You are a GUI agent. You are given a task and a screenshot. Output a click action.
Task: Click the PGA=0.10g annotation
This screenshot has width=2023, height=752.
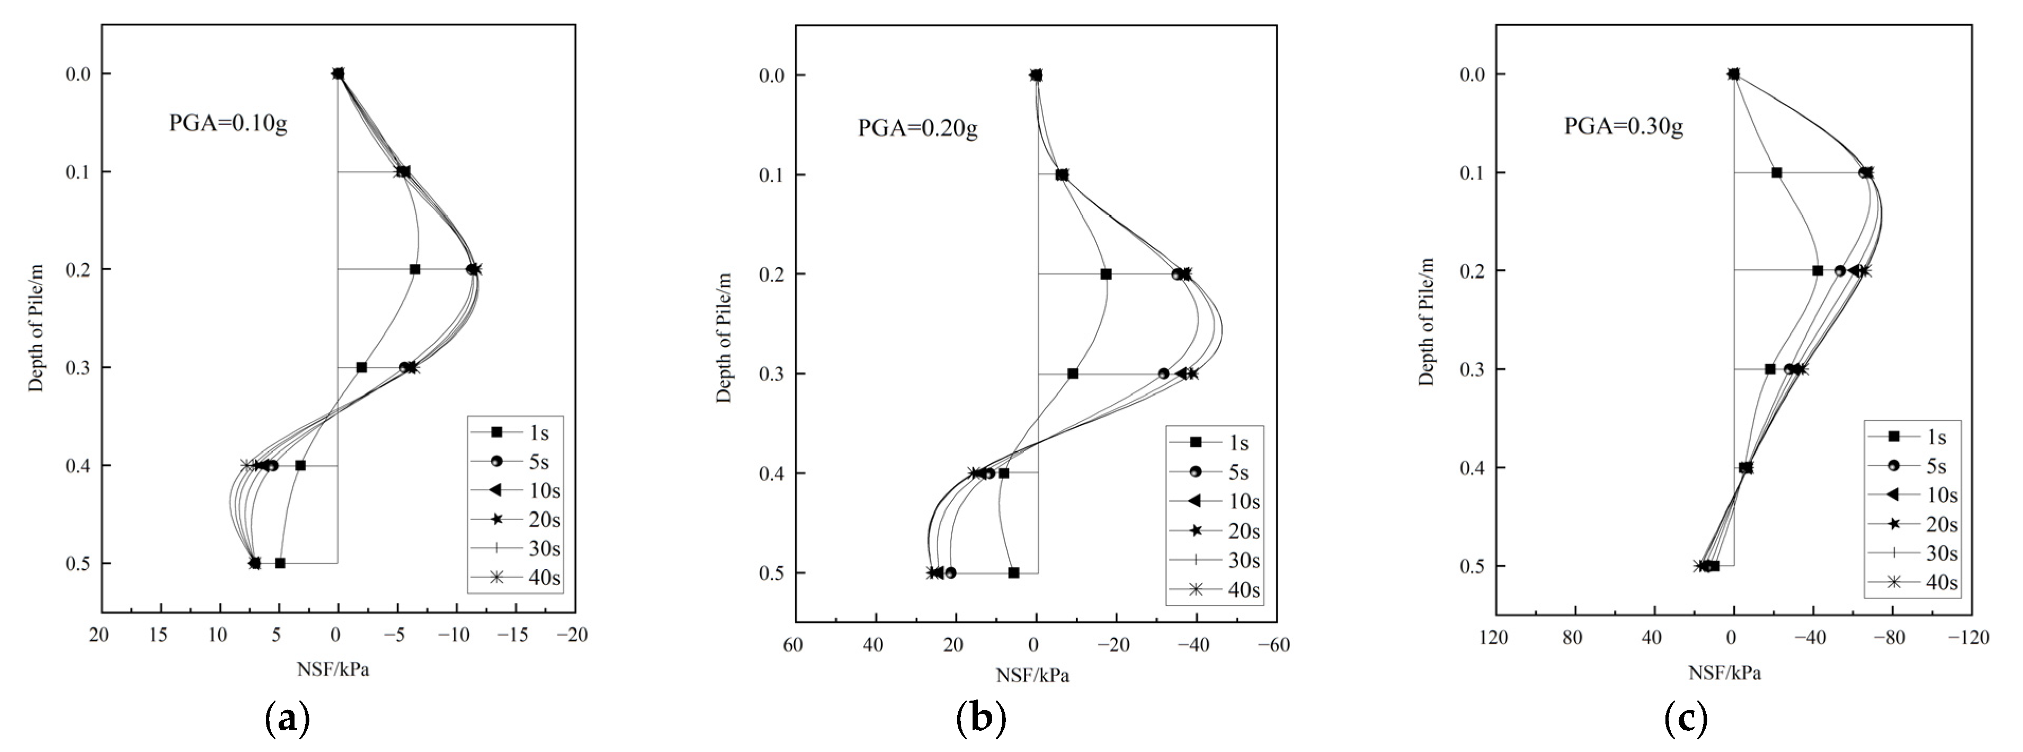tap(228, 123)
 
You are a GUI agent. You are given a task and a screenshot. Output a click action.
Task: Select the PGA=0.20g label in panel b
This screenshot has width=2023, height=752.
tap(917, 127)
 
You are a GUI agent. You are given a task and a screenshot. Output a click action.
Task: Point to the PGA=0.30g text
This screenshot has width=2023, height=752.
tap(1623, 126)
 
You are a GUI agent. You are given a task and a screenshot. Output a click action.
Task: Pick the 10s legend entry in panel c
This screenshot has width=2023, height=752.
tap(1912, 494)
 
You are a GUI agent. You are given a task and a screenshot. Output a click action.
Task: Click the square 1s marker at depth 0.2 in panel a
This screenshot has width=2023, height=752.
tap(415, 270)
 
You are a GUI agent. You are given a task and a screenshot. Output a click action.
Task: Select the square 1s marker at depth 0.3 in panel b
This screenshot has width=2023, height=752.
tap(1073, 373)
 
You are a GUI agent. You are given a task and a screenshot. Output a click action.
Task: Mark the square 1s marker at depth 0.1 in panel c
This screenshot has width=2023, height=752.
tap(1776, 172)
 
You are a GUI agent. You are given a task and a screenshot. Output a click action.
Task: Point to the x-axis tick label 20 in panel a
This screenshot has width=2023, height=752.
tap(99, 635)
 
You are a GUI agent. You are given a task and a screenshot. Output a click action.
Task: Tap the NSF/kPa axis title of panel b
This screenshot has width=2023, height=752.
tap(1032, 676)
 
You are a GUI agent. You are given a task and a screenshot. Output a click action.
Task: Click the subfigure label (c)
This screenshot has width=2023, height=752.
tap(1686, 718)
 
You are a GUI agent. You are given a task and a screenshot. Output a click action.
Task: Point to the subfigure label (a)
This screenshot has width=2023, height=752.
tap(288, 718)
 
